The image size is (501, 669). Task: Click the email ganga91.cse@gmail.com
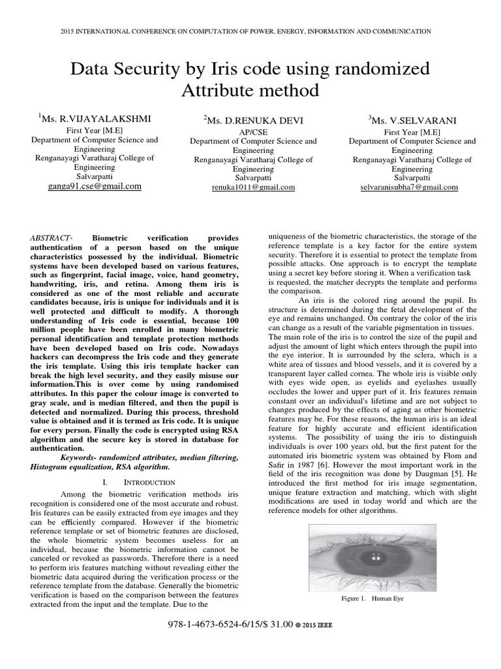[x=95, y=186]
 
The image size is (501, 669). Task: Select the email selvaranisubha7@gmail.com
[x=409, y=187]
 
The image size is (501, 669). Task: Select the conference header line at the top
[x=250, y=31]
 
